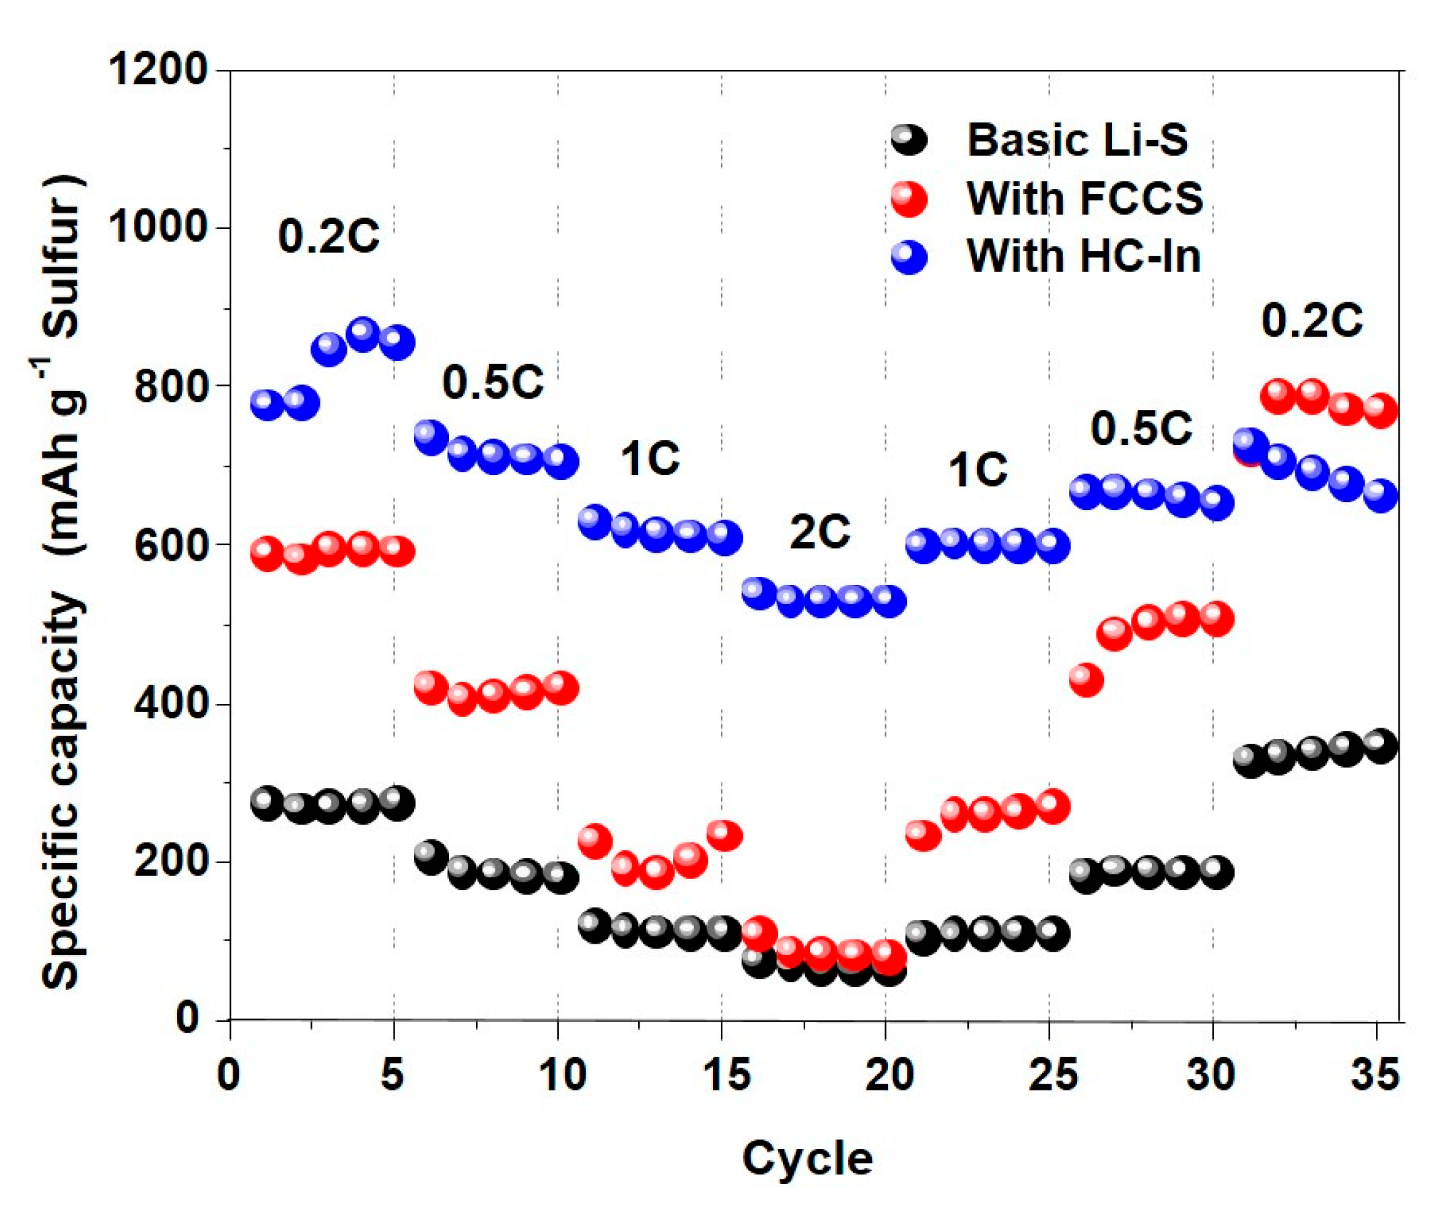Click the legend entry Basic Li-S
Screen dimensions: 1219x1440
1076,140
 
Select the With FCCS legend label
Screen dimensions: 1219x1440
1085,199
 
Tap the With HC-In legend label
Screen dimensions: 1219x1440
1083,256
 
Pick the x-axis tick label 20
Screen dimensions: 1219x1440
889,1076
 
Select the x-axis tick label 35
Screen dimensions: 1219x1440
1376,1076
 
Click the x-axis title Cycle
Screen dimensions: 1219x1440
807,1159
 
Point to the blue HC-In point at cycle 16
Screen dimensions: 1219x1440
759,594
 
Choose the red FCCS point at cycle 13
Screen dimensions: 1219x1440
656,872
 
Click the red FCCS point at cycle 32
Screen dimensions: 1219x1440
1278,396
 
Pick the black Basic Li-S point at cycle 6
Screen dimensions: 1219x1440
430,858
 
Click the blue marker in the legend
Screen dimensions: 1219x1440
910,256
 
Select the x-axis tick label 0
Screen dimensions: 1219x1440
229,1076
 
